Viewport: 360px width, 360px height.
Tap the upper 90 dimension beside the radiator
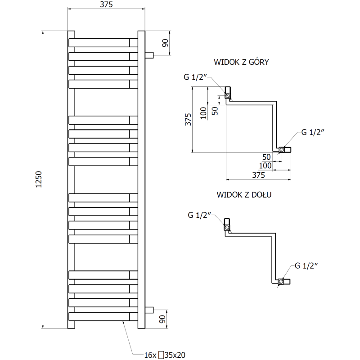165,43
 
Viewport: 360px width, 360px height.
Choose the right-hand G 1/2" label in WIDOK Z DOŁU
306,265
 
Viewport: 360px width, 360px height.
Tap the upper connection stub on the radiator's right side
149,55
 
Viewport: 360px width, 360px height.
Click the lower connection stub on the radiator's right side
149,310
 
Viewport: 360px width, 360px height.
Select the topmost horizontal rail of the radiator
103,42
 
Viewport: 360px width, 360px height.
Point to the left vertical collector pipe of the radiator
71,180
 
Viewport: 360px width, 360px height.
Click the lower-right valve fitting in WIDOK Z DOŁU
284,282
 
